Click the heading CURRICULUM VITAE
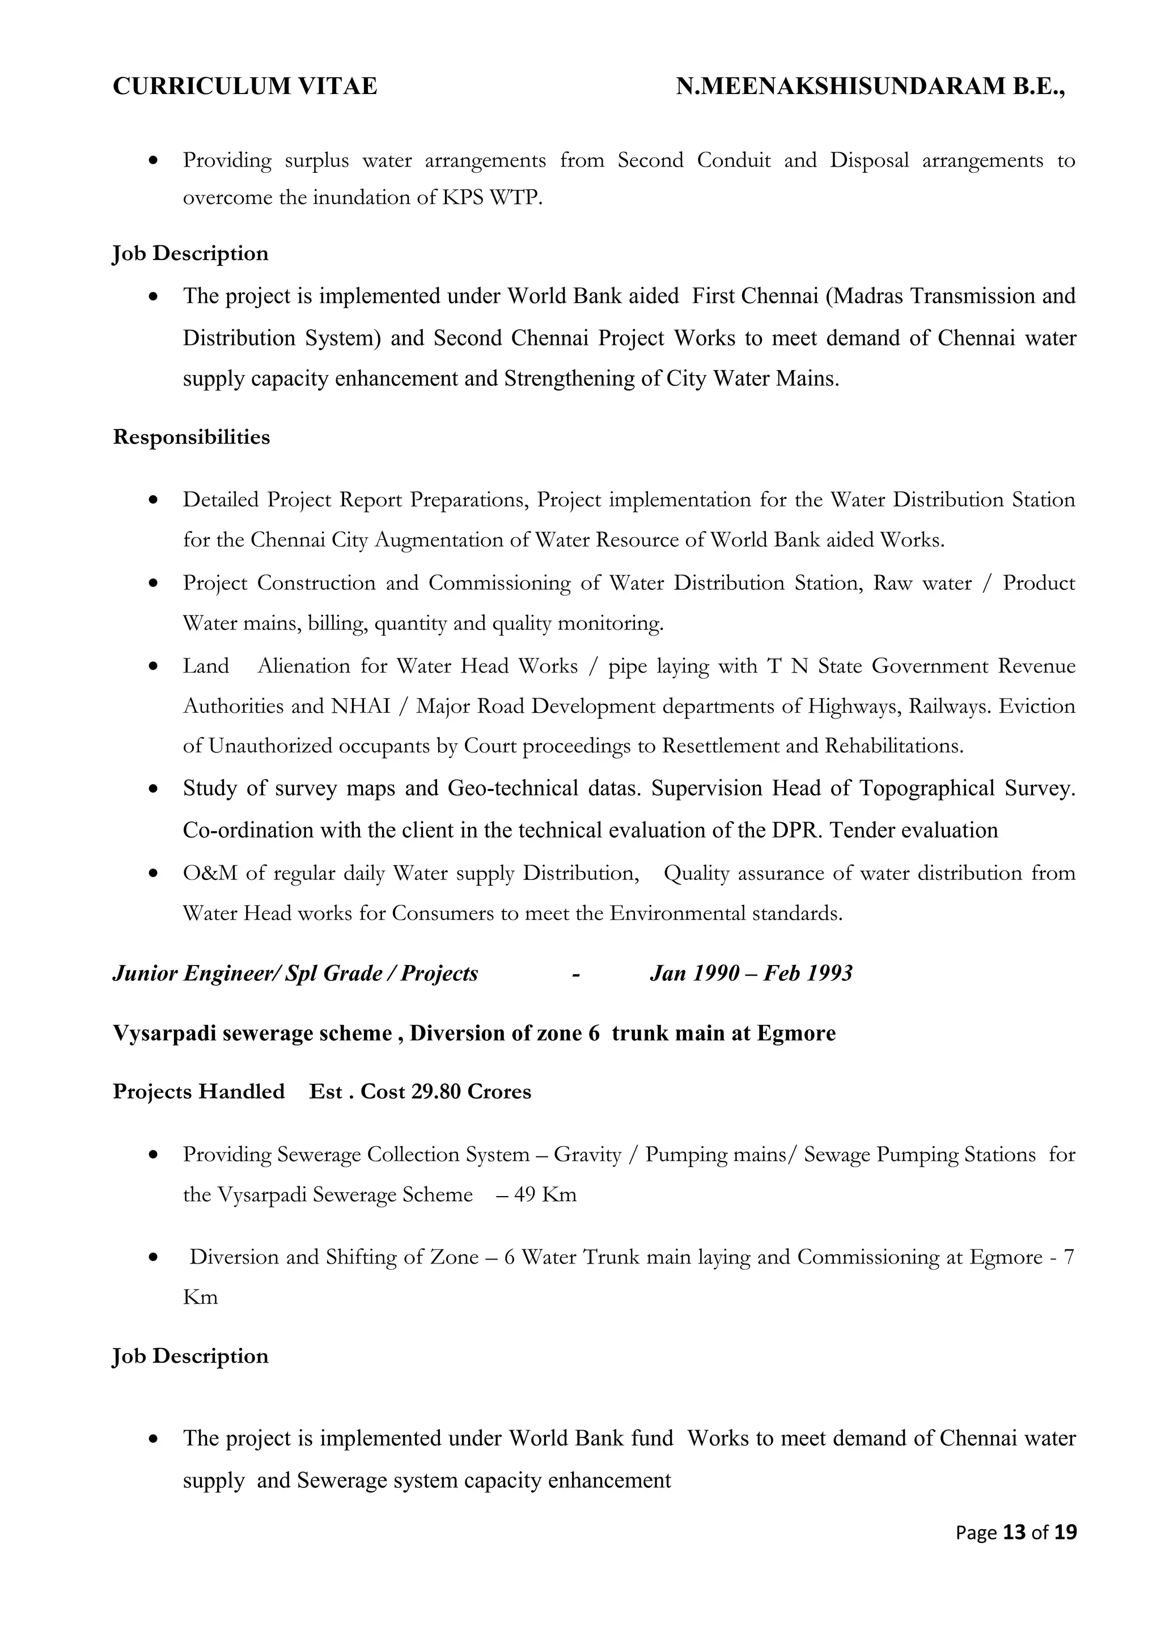coord(245,87)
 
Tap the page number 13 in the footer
coord(1014,1532)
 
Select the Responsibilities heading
coord(191,437)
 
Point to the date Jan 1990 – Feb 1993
coord(751,973)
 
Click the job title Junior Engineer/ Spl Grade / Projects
coord(295,973)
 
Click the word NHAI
coord(361,707)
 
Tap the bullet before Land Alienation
coord(152,666)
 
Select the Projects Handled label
coord(198,1092)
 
